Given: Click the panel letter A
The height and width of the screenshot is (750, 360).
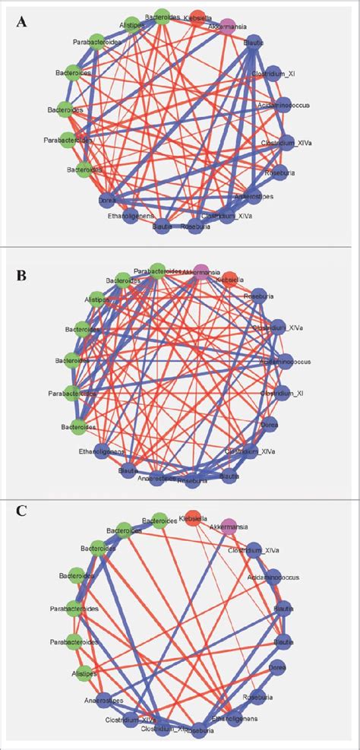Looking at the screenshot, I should point(24,23).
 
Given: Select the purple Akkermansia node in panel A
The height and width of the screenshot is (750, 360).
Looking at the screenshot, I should point(228,27).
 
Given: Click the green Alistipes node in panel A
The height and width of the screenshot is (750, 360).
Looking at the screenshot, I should point(131,24).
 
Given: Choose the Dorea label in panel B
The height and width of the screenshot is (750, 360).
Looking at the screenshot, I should point(271,427).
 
